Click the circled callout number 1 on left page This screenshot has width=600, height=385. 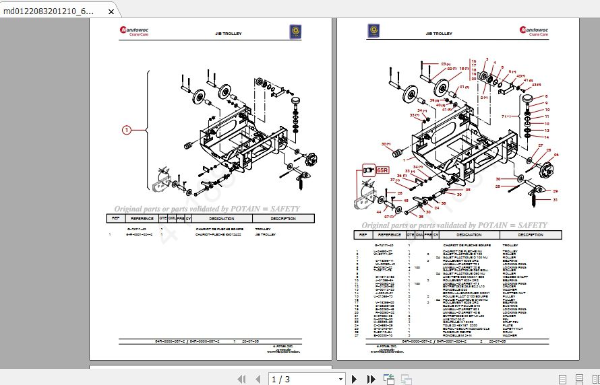(125, 129)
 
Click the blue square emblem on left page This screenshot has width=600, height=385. (294, 31)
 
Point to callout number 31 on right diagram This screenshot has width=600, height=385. (556, 201)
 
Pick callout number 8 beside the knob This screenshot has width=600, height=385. (547, 96)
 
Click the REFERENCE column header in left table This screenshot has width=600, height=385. (142, 219)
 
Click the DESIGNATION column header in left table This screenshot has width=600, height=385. (221, 219)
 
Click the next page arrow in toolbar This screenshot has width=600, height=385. (354, 379)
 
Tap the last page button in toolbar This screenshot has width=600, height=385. (371, 379)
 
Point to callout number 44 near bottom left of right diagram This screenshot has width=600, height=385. (379, 212)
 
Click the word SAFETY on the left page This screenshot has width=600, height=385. (284, 209)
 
